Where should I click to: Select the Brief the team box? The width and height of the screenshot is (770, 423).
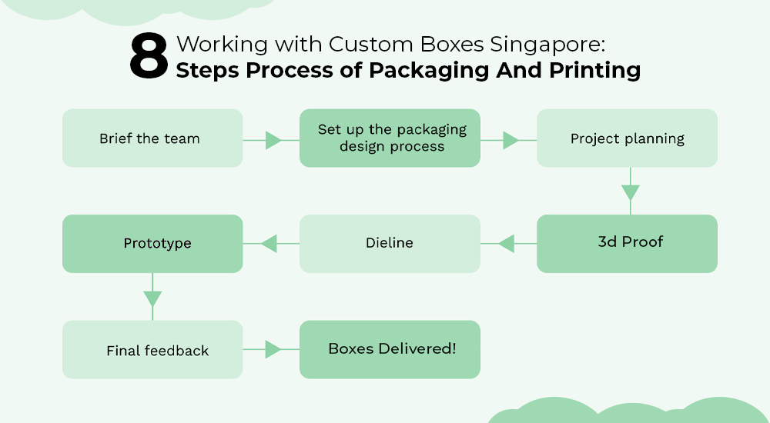click(152, 138)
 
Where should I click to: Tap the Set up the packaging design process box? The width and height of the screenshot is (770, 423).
click(390, 138)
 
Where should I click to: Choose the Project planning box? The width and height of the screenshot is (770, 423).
click(627, 138)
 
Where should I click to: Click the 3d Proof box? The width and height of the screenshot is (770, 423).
click(627, 243)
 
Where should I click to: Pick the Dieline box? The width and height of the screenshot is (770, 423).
click(390, 243)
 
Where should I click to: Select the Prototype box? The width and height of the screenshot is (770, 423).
click(152, 243)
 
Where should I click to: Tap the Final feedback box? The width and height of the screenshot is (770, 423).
click(152, 350)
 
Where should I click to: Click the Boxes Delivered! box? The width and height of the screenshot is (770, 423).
click(390, 349)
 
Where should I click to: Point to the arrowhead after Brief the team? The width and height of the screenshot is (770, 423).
click(273, 140)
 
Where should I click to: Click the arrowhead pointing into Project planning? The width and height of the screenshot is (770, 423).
click(510, 140)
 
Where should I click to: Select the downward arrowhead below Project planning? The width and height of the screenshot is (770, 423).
click(630, 192)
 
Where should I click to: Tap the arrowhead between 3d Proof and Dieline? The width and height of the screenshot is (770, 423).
click(506, 244)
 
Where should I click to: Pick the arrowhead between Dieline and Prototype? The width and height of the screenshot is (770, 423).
click(269, 244)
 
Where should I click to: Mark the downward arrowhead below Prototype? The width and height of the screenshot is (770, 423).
click(152, 298)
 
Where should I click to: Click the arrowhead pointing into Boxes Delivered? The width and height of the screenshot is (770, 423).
click(273, 350)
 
